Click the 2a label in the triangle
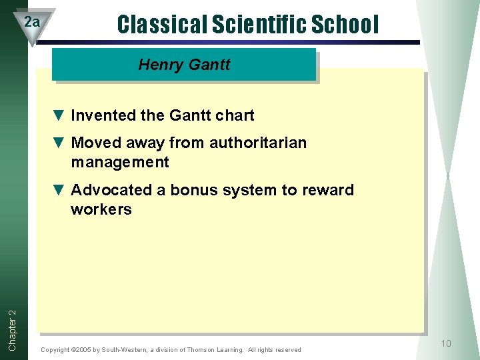click(x=32, y=22)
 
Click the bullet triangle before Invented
click(x=58, y=115)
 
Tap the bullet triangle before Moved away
click(x=58, y=143)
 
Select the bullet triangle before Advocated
click(x=58, y=190)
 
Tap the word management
click(x=120, y=162)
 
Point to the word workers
click(x=101, y=209)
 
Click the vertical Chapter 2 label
click(x=13, y=321)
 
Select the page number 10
click(x=445, y=343)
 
